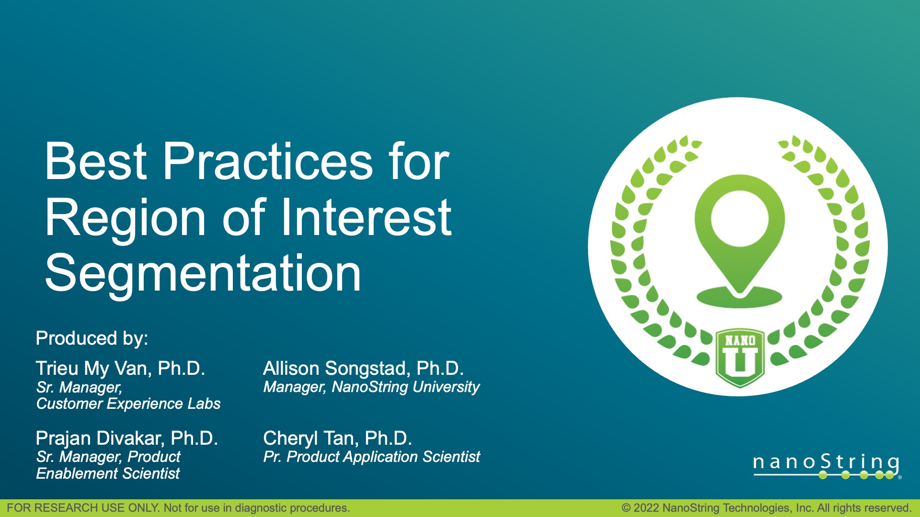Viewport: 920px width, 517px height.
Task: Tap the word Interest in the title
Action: tap(366, 218)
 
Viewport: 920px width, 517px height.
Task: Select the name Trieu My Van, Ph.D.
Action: tap(120, 369)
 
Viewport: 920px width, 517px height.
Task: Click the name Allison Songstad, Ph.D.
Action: tap(363, 369)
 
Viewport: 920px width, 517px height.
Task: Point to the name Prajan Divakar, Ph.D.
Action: tap(127, 438)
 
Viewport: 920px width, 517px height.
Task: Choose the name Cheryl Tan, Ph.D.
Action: tap(337, 438)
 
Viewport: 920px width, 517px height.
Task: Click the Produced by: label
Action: tap(92, 338)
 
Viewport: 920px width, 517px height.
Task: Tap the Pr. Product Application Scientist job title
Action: tap(371, 457)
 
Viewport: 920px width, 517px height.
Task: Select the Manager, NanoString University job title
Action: tap(371, 387)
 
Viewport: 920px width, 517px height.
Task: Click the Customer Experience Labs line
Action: tap(128, 404)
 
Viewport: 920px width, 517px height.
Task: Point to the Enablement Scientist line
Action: tap(108, 474)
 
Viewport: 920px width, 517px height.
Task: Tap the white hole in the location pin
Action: tap(740, 218)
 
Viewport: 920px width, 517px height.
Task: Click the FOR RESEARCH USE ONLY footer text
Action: tap(178, 508)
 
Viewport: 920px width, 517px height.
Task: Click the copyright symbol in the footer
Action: tap(626, 508)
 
